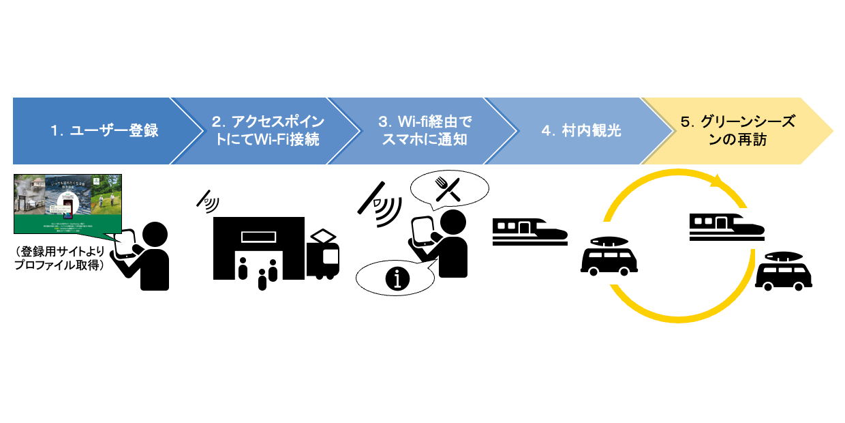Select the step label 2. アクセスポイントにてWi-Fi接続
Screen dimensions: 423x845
[268, 130]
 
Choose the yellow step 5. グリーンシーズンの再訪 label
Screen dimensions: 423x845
[738, 130]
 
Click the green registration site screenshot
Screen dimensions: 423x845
[67, 205]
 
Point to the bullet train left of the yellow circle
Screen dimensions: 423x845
[529, 229]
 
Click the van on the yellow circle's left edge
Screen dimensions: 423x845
[609, 257]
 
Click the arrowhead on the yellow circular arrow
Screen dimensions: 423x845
[716, 182]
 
